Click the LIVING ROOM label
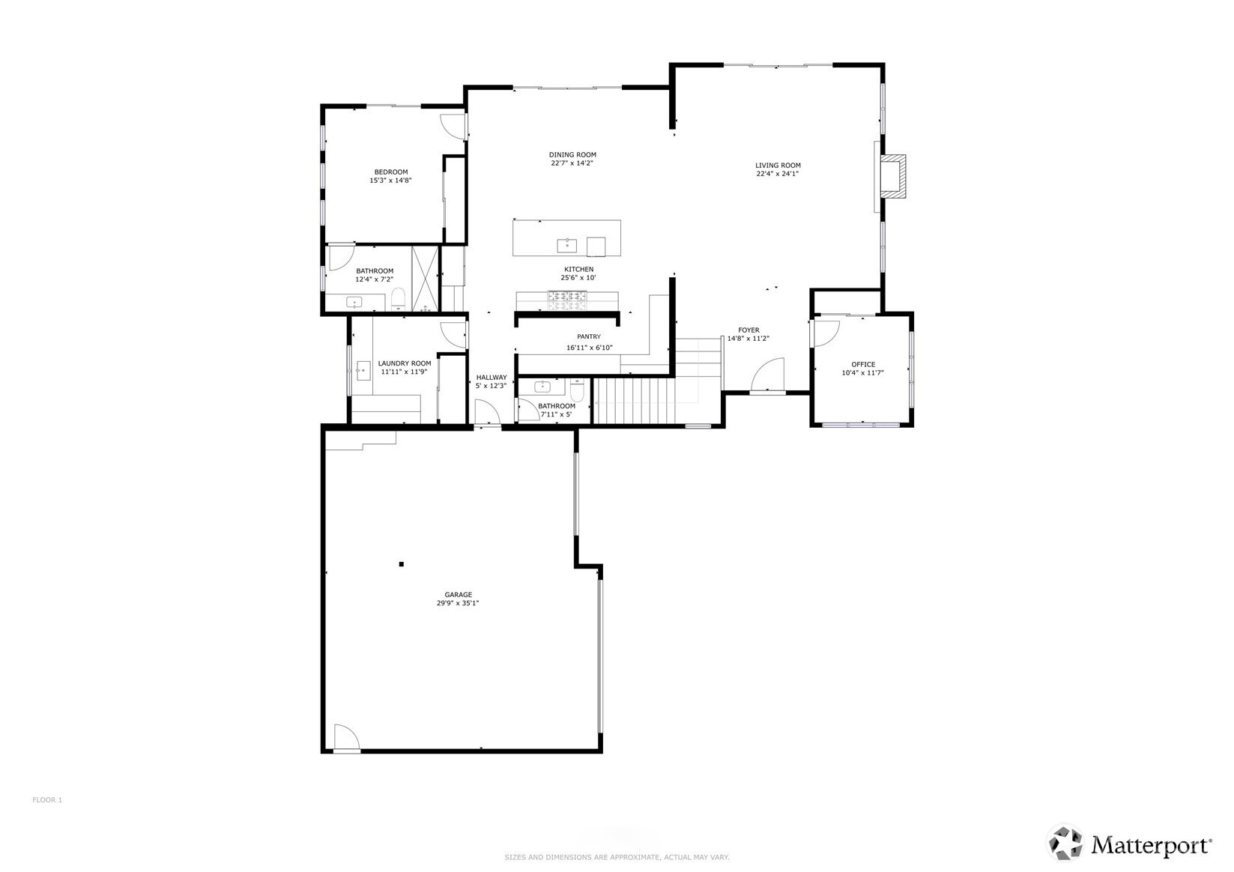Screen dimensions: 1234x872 coord(777,166)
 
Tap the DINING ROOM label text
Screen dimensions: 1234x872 coord(572,155)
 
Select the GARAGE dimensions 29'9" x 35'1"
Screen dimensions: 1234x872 coord(458,603)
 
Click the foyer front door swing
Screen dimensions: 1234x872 coord(768,375)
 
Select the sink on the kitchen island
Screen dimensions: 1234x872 coord(566,245)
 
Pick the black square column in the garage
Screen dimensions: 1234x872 coord(402,564)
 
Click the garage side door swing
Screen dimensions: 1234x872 coord(346,737)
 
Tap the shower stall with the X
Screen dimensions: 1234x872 coord(426,280)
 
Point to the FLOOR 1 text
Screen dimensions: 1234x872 coord(47,800)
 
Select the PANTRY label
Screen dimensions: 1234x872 coord(589,336)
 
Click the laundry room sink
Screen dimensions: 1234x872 coord(363,371)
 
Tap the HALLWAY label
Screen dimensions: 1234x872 coord(492,378)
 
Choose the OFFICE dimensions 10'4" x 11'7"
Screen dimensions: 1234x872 coord(862,373)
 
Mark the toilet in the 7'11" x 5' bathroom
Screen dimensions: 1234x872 coord(578,390)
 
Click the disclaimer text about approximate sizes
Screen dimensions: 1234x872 coord(617,857)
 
